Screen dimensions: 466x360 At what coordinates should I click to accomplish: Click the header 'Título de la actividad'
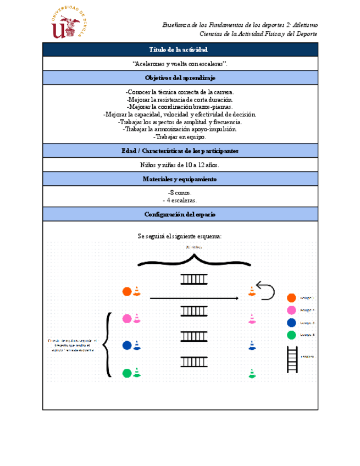(x=180, y=50)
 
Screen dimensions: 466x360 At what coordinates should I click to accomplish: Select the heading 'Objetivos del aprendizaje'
(x=180, y=78)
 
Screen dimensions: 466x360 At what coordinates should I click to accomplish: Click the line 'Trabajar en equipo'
(x=180, y=137)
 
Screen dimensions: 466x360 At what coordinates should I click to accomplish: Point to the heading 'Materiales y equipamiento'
(x=180, y=179)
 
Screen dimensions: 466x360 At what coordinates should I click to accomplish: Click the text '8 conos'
(x=180, y=193)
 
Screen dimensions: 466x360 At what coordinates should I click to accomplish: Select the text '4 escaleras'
(x=180, y=201)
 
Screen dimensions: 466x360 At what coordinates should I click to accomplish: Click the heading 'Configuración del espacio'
(x=180, y=214)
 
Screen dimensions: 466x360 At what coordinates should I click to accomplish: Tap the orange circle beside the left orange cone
(x=127, y=292)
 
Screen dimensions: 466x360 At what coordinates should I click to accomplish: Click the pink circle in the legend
(x=291, y=310)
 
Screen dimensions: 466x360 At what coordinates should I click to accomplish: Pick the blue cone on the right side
(x=252, y=346)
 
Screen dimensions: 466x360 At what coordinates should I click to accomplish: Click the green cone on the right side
(x=252, y=373)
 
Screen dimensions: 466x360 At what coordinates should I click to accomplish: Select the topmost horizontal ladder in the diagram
(x=193, y=280)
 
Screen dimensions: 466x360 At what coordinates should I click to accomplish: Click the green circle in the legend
(x=291, y=335)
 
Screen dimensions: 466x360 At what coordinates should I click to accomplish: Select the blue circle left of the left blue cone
(x=127, y=346)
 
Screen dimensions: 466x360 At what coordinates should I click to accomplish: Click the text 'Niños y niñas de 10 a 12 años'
(x=180, y=165)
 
